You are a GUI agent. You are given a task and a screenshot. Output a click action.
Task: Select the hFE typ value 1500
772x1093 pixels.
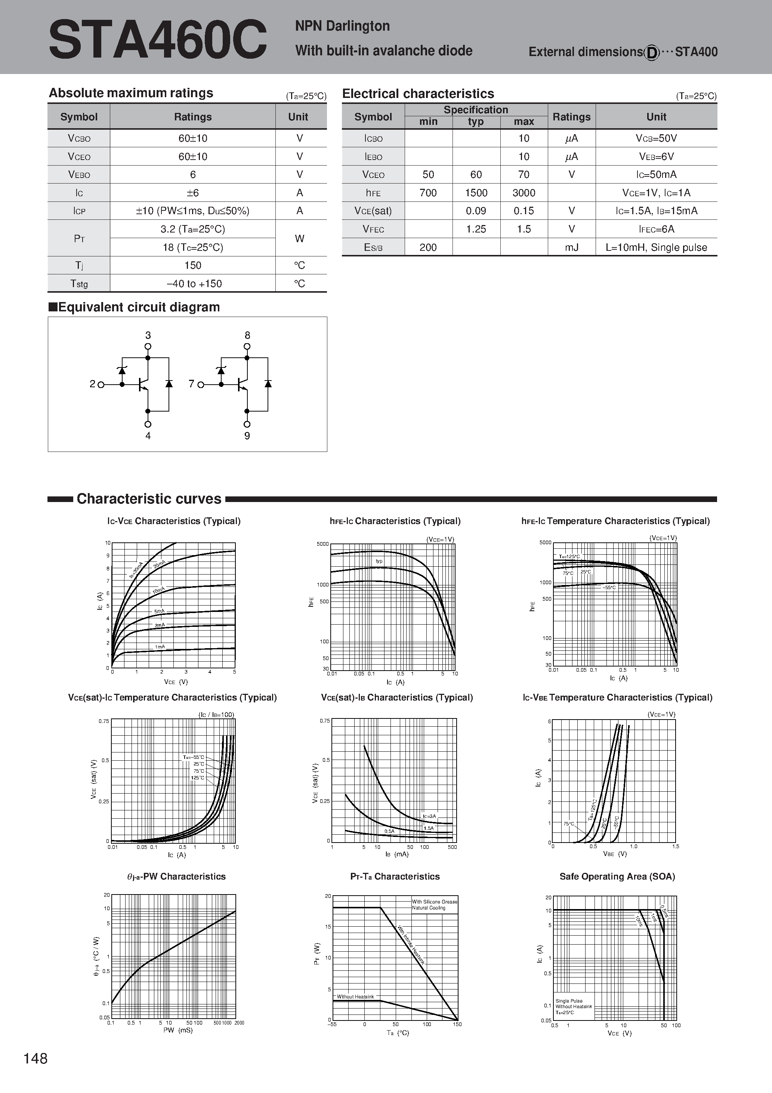pyautogui.click(x=476, y=193)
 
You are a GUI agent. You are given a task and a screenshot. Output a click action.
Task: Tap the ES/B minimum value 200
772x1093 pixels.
pyautogui.click(x=428, y=247)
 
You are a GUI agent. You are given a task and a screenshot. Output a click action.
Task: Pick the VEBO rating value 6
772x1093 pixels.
pyautogui.click(x=193, y=175)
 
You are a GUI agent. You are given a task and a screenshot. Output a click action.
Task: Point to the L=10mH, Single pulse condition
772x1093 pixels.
pyautogui.click(x=656, y=247)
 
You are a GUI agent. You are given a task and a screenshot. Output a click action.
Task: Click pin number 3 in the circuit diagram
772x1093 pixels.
pyautogui.click(x=148, y=336)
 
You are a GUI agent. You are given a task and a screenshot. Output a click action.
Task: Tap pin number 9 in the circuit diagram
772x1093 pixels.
pyautogui.click(x=247, y=435)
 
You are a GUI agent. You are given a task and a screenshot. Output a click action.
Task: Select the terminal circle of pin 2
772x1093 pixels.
pyautogui.click(x=101, y=385)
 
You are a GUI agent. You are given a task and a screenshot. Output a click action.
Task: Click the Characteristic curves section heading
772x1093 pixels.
pyautogui.click(x=149, y=498)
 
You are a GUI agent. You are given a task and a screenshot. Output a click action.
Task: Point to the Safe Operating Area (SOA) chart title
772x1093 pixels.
pyautogui.click(x=617, y=877)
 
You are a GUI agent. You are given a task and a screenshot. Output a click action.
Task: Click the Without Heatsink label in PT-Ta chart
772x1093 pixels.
pyautogui.click(x=355, y=996)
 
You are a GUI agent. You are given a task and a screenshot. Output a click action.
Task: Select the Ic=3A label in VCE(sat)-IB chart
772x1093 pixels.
pyautogui.click(x=429, y=816)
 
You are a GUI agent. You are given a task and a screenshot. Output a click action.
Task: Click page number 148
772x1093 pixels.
pyautogui.click(x=36, y=1058)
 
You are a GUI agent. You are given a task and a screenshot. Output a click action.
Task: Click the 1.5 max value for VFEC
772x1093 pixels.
pyautogui.click(x=524, y=230)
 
